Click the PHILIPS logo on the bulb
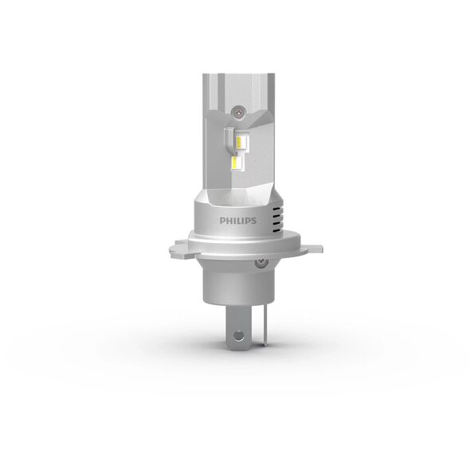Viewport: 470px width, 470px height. [238, 221]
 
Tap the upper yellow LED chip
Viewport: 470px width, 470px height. [240, 143]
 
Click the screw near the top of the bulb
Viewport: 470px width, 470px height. [237, 112]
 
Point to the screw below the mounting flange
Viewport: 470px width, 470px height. [261, 263]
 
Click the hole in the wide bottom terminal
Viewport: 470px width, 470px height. [239, 335]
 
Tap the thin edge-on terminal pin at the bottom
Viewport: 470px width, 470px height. [264, 328]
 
